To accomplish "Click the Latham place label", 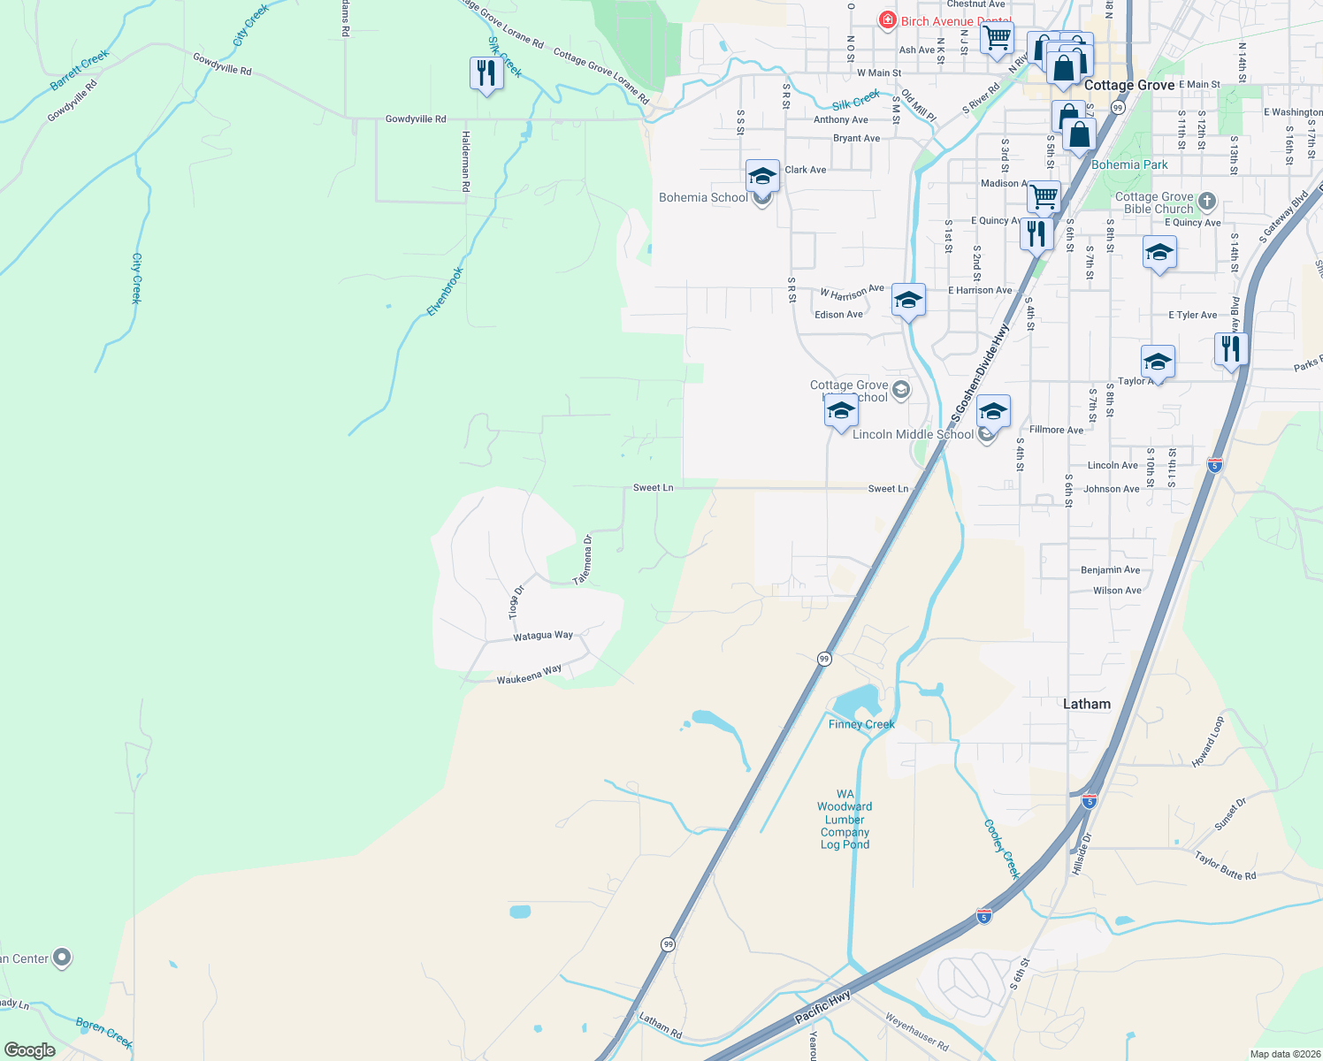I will pyautogui.click(x=1086, y=704).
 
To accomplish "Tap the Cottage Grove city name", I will pyautogui.click(x=1129, y=85).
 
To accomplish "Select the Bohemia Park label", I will pyautogui.click(x=1129, y=164).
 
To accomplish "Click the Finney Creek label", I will pyautogui.click(x=861, y=724).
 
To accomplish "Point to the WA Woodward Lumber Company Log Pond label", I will pyautogui.click(x=845, y=819).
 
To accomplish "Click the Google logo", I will pyautogui.click(x=30, y=1050).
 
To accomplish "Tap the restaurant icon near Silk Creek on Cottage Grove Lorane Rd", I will pyautogui.click(x=486, y=73).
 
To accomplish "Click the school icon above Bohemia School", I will pyautogui.click(x=762, y=175).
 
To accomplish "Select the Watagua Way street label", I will pyautogui.click(x=543, y=636).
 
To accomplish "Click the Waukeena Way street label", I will pyautogui.click(x=529, y=676).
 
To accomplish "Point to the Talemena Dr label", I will pyautogui.click(x=582, y=560).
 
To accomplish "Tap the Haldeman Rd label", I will pyautogui.click(x=465, y=161).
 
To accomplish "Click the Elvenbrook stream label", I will pyautogui.click(x=445, y=291).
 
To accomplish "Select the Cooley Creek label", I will pyautogui.click(x=1002, y=849).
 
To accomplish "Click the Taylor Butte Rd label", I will pyautogui.click(x=1225, y=866).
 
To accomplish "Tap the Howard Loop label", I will pyautogui.click(x=1207, y=742).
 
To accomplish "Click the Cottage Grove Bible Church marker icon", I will pyautogui.click(x=1206, y=202).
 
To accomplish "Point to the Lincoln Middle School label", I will pyautogui.click(x=913, y=434).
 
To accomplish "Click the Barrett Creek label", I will pyautogui.click(x=80, y=70).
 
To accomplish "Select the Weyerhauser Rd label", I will pyautogui.click(x=916, y=1031).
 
